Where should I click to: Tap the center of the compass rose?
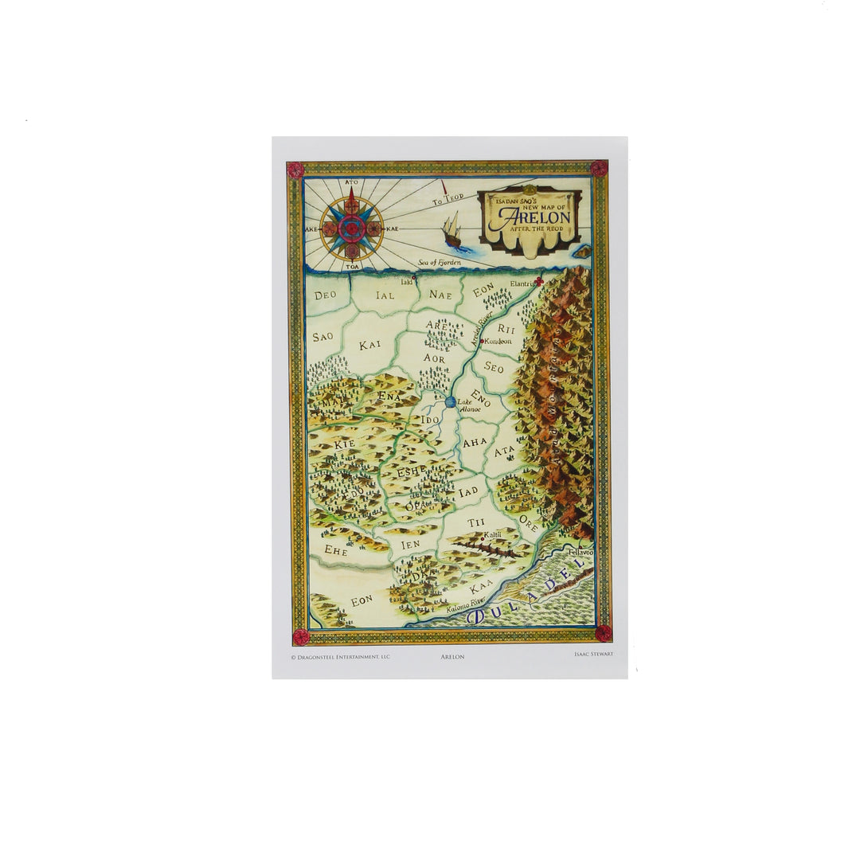coord(351,229)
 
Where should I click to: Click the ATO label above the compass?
coord(351,182)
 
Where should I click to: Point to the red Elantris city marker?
coord(539,282)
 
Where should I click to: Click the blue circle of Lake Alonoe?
coord(450,402)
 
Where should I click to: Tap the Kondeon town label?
coord(498,341)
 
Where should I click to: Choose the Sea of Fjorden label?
coord(440,263)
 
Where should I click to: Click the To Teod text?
coord(448,201)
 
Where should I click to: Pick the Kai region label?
coord(369,345)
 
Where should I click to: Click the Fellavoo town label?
coord(581,551)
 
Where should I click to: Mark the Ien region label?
coord(410,545)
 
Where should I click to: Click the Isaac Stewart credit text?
coord(593,654)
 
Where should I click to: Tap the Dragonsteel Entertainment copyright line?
coord(340,657)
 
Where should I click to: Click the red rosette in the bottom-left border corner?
coord(300,636)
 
